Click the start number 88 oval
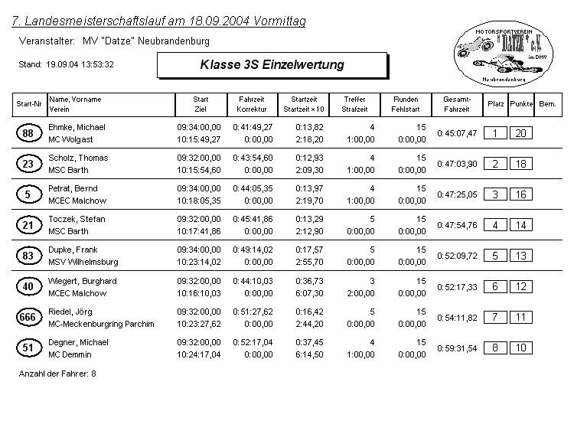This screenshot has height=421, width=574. click(28, 133)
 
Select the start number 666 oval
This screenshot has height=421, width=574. click(28, 317)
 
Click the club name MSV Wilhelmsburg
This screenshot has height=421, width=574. click(83, 262)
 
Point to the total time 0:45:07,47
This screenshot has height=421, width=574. click(457, 133)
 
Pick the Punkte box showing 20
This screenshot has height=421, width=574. click(520, 133)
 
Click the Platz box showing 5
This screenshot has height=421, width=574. click(495, 256)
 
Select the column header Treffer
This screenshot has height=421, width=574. click(355, 100)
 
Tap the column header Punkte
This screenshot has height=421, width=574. click(521, 103)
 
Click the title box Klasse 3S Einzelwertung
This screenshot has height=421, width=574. click(272, 65)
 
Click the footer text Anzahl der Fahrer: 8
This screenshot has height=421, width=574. click(57, 374)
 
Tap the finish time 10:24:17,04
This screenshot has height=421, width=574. click(199, 354)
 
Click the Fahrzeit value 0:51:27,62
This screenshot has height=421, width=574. click(253, 312)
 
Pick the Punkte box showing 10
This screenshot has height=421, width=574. click(520, 348)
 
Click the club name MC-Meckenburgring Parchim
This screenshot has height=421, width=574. click(101, 324)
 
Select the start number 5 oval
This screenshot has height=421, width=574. click(28, 194)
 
